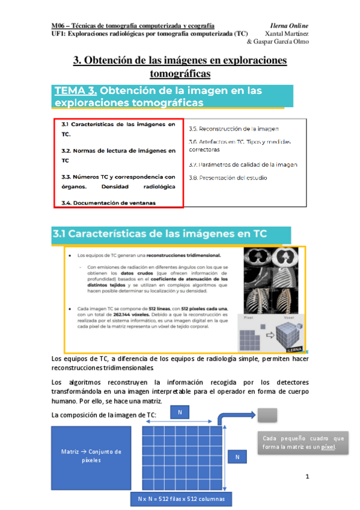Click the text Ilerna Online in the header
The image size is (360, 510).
289,26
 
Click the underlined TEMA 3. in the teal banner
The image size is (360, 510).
76,91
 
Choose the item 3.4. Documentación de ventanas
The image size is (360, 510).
108,203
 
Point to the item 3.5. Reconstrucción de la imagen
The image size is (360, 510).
233,129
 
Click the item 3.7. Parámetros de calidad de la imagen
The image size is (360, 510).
242,164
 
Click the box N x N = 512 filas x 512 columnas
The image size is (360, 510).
180,499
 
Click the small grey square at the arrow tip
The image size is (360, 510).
268,414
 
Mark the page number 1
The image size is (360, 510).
307,477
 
